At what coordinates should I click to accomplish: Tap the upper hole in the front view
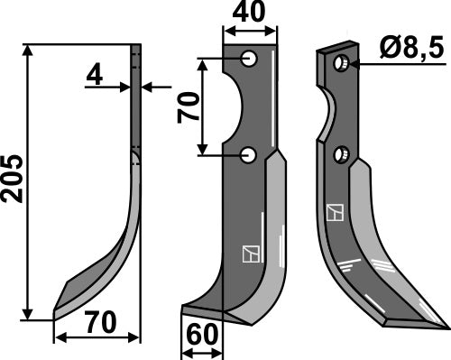(x=250, y=60)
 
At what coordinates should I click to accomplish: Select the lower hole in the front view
(x=250, y=156)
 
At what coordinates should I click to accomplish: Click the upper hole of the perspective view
(x=342, y=64)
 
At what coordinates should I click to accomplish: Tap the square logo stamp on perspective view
(x=336, y=213)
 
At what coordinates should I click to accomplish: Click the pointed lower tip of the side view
(x=56, y=311)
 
